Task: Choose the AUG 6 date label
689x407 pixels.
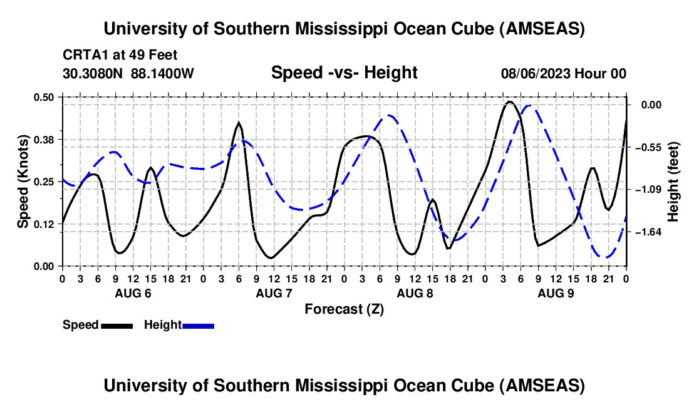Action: pos(133,293)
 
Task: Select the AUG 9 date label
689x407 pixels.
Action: pos(556,293)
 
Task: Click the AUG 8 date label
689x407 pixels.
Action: pos(415,293)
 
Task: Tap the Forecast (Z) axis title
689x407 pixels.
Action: pos(344,309)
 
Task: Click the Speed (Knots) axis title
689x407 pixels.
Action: pos(23,182)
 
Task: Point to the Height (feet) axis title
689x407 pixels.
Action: pos(673,182)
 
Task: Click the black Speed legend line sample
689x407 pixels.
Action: pos(117,326)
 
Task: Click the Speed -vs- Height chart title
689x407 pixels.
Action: pos(344,73)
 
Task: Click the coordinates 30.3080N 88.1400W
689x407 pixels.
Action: pos(128,73)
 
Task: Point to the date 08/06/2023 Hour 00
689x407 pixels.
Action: pos(563,73)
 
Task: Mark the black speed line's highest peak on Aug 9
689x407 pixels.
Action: pos(509,101)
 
